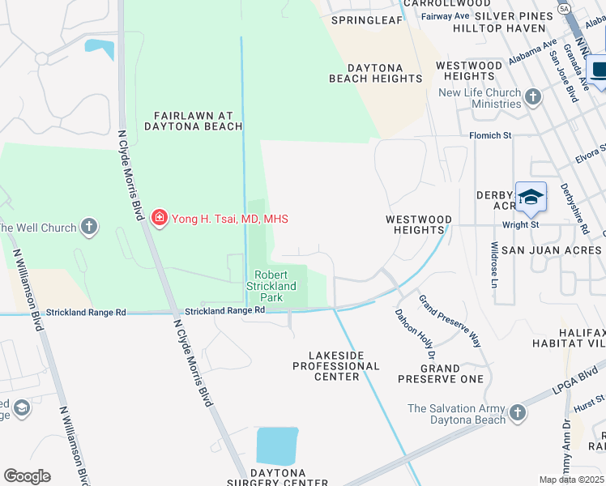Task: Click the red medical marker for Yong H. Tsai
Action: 159,218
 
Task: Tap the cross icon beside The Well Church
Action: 89,227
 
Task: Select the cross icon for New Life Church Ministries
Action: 532,98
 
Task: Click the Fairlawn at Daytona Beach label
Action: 194,121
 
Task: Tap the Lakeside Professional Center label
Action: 336,365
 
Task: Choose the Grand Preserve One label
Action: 442,373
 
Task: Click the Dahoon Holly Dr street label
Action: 415,332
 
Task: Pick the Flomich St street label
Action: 489,136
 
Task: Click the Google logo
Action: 27,476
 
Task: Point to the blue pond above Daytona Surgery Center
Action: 277,446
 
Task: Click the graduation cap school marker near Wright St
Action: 531,197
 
